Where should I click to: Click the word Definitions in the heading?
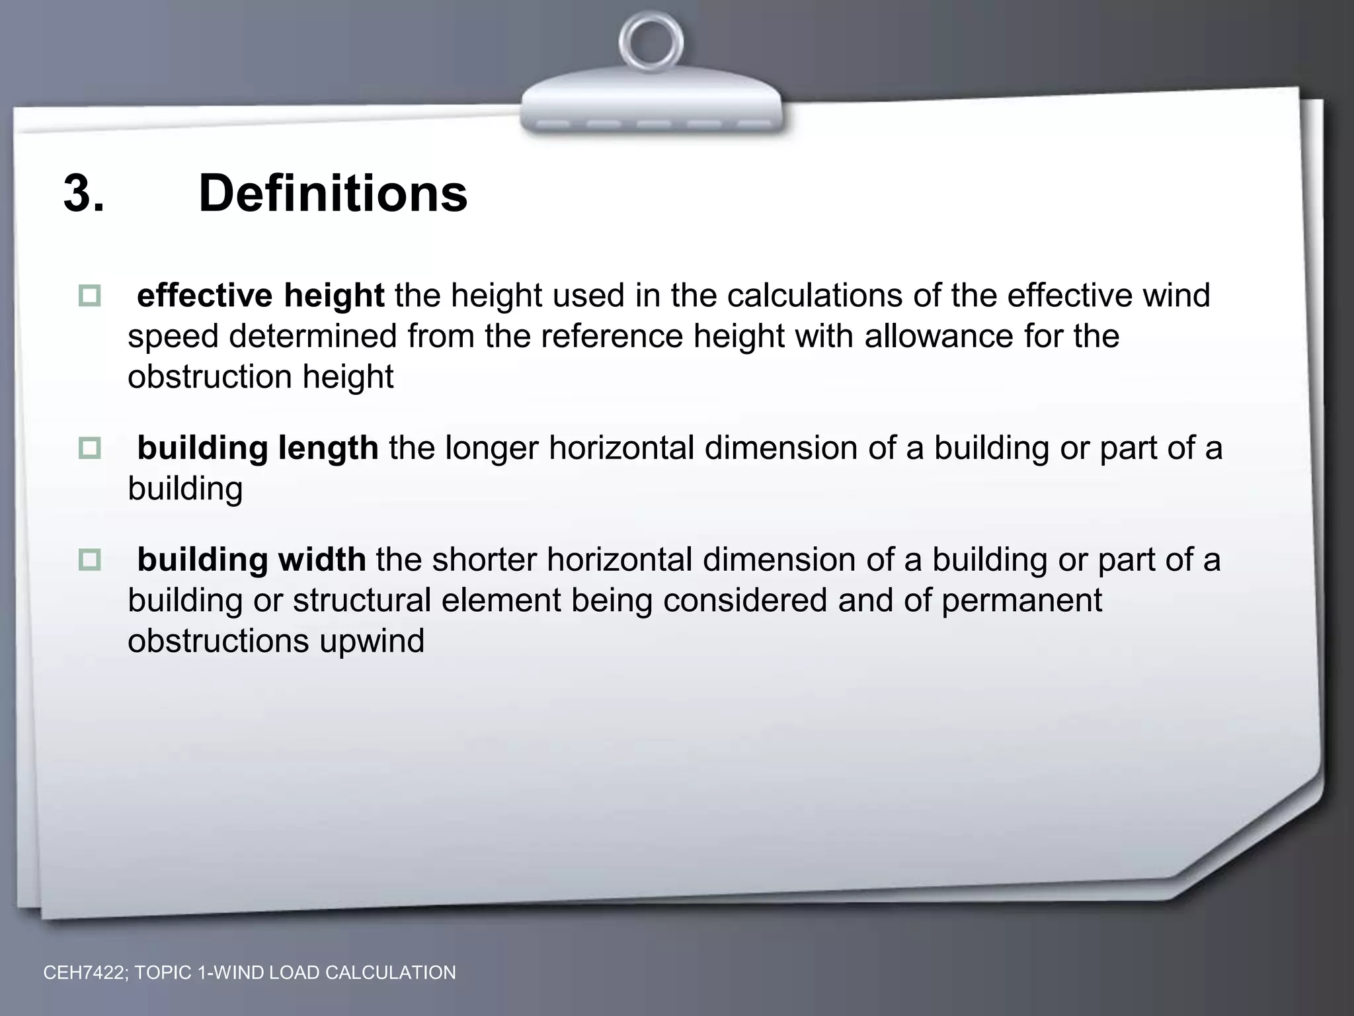tap(333, 194)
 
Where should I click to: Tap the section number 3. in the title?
tap(84, 194)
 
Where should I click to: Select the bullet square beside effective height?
tap(89, 296)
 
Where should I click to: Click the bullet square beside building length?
tap(89, 448)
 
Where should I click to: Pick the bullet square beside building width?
tap(89, 560)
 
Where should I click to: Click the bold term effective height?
tap(260, 296)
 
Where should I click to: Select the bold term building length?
tap(258, 448)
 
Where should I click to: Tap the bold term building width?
tap(251, 560)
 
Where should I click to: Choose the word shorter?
tap(483, 560)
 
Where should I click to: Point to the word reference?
tap(612, 337)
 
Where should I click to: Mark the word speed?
tap(173, 337)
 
